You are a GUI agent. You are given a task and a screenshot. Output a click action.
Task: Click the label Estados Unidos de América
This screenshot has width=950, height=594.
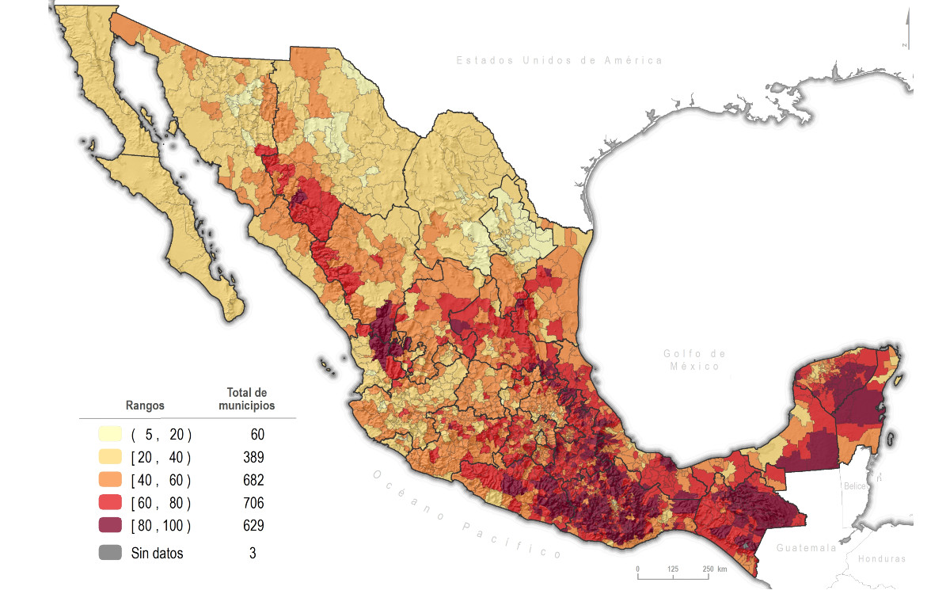coord(559,60)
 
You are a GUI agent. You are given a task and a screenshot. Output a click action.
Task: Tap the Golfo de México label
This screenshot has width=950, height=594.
coord(693,360)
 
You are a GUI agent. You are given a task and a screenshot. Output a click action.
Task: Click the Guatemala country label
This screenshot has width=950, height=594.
coord(806,548)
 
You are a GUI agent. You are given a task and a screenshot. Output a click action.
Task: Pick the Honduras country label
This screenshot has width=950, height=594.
coord(881,558)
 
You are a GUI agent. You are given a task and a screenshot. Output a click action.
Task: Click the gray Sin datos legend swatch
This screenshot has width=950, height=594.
coord(111,553)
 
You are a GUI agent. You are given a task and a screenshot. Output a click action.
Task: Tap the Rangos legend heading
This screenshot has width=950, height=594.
coord(145,405)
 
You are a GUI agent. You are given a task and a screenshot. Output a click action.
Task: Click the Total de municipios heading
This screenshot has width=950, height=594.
coord(247,399)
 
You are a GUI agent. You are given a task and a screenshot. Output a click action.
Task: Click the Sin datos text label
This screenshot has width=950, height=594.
coord(157,554)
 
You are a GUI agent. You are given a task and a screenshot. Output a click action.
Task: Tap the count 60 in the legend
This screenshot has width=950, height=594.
coord(256,434)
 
